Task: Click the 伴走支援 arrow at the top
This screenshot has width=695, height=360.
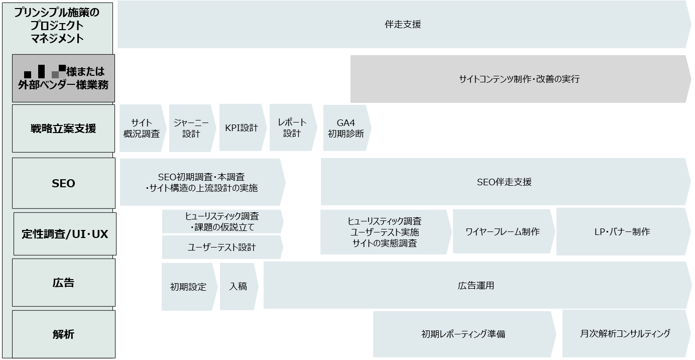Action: click(403, 24)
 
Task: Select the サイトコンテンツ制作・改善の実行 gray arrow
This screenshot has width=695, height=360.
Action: click(519, 79)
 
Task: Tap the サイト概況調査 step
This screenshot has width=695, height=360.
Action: click(142, 128)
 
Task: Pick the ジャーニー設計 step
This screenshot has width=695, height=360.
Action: click(191, 128)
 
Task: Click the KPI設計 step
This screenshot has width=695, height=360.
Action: click(242, 128)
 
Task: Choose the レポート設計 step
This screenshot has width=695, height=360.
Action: click(292, 128)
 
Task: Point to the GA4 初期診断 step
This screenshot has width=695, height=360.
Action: click(346, 128)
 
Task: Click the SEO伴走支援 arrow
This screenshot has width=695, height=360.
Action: click(504, 182)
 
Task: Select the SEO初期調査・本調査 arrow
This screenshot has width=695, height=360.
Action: click(201, 182)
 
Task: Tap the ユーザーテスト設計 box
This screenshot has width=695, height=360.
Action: click(221, 247)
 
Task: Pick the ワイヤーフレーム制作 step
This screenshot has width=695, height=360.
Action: click(503, 231)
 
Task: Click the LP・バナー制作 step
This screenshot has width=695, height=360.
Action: click(622, 231)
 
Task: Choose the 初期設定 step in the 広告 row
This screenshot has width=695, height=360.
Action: click(188, 287)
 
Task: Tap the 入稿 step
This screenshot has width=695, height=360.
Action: click(238, 286)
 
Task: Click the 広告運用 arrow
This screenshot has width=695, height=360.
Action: click(476, 285)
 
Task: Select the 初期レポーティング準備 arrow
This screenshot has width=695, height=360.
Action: click(463, 334)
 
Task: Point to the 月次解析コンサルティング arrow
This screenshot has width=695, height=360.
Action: click(625, 333)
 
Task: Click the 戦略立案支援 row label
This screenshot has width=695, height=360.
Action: click(63, 128)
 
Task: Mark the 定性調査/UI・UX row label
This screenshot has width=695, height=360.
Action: click(65, 234)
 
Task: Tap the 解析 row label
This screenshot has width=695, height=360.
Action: click(63, 334)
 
